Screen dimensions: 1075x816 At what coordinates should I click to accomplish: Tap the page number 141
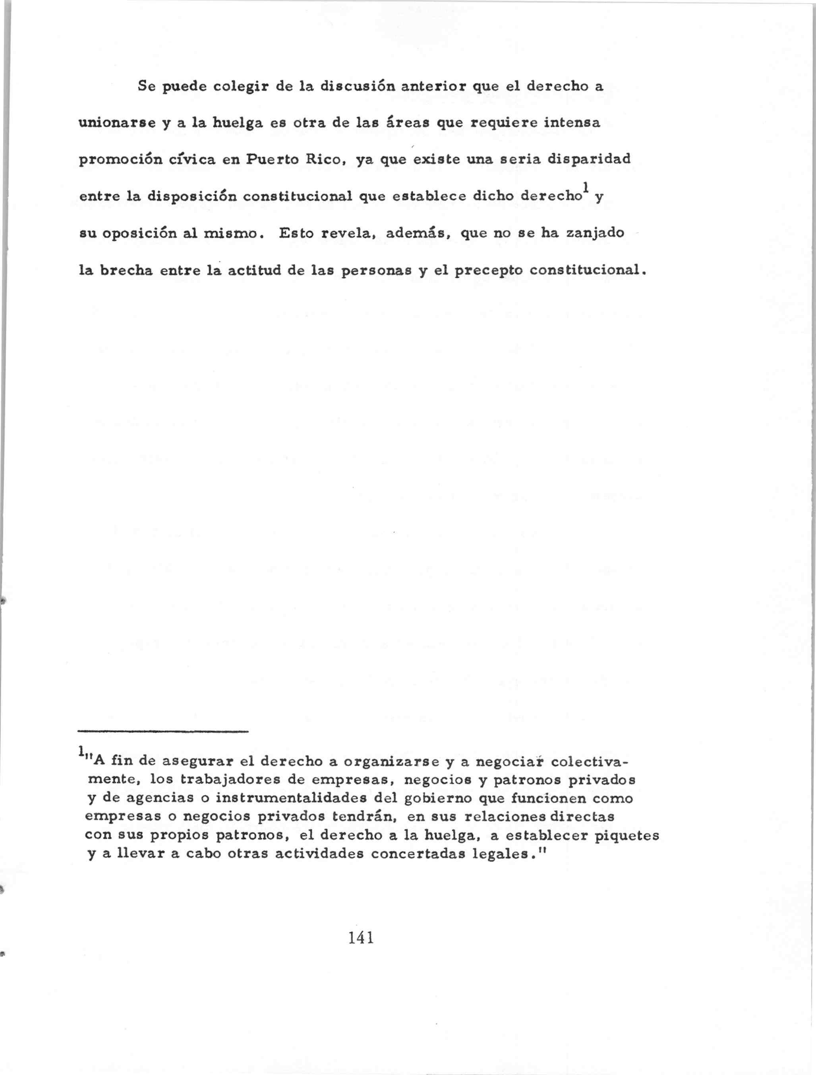coord(361,937)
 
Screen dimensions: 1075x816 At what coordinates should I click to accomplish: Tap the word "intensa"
coord(572,122)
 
